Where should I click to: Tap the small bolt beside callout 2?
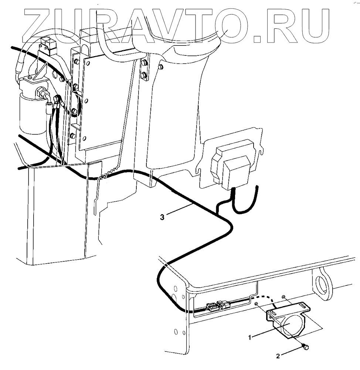click(305, 346)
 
